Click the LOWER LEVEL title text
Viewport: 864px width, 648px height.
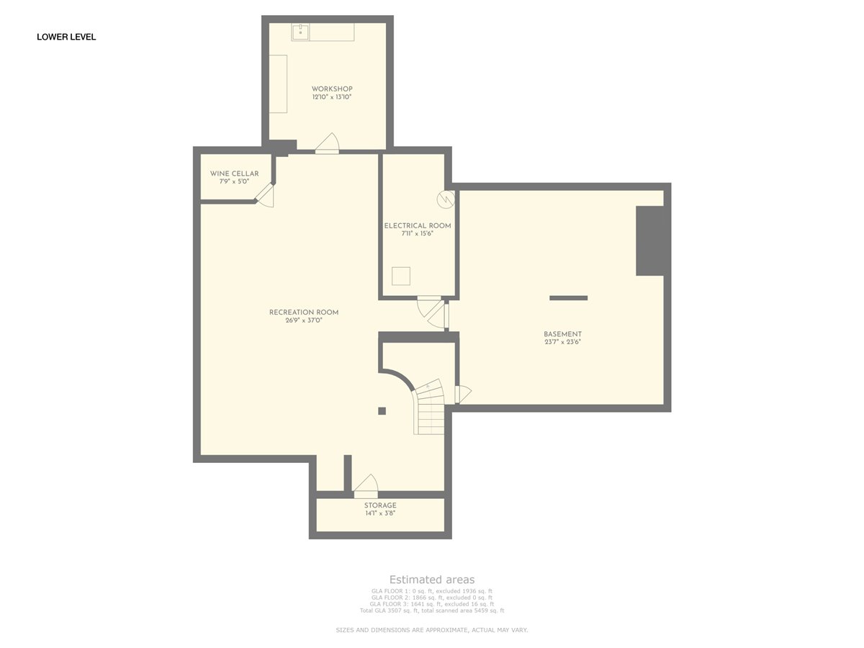[x=66, y=37]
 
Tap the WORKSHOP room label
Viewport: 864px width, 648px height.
[x=332, y=89]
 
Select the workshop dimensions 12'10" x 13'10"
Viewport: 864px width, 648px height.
[x=332, y=96]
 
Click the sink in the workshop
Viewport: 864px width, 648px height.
[x=301, y=32]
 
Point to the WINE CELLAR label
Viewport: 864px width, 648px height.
[x=234, y=174]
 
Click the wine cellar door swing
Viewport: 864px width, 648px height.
[x=265, y=196]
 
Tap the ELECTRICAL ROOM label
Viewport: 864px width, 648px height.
[x=418, y=226]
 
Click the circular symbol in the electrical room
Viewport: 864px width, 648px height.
[x=446, y=199]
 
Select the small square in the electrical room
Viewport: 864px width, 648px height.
[x=401, y=276]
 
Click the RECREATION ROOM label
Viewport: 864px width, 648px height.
[x=304, y=312]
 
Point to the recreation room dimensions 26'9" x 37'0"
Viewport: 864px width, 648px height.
[x=304, y=320]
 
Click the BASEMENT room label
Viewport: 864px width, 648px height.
[x=562, y=334]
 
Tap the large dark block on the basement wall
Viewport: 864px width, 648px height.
[x=650, y=240]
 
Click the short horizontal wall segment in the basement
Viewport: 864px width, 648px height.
[x=568, y=298]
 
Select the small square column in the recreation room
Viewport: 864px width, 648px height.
[x=382, y=411]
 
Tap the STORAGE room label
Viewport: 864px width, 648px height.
[x=380, y=505]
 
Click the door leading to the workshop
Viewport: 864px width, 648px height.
[x=328, y=143]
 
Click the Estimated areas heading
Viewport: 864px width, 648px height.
[x=432, y=580]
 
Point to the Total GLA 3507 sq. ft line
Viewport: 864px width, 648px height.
[x=432, y=611]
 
